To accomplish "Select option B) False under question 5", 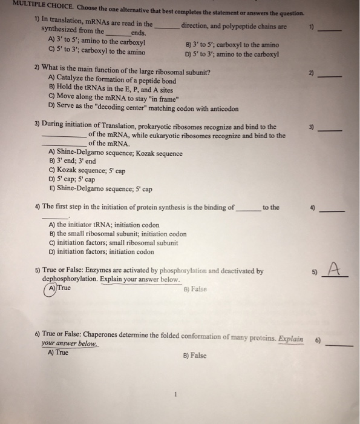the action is click(194, 289).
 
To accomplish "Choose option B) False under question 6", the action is click(194, 356).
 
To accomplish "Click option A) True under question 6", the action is click(57, 353).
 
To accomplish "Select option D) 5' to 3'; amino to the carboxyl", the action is click(232, 53).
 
